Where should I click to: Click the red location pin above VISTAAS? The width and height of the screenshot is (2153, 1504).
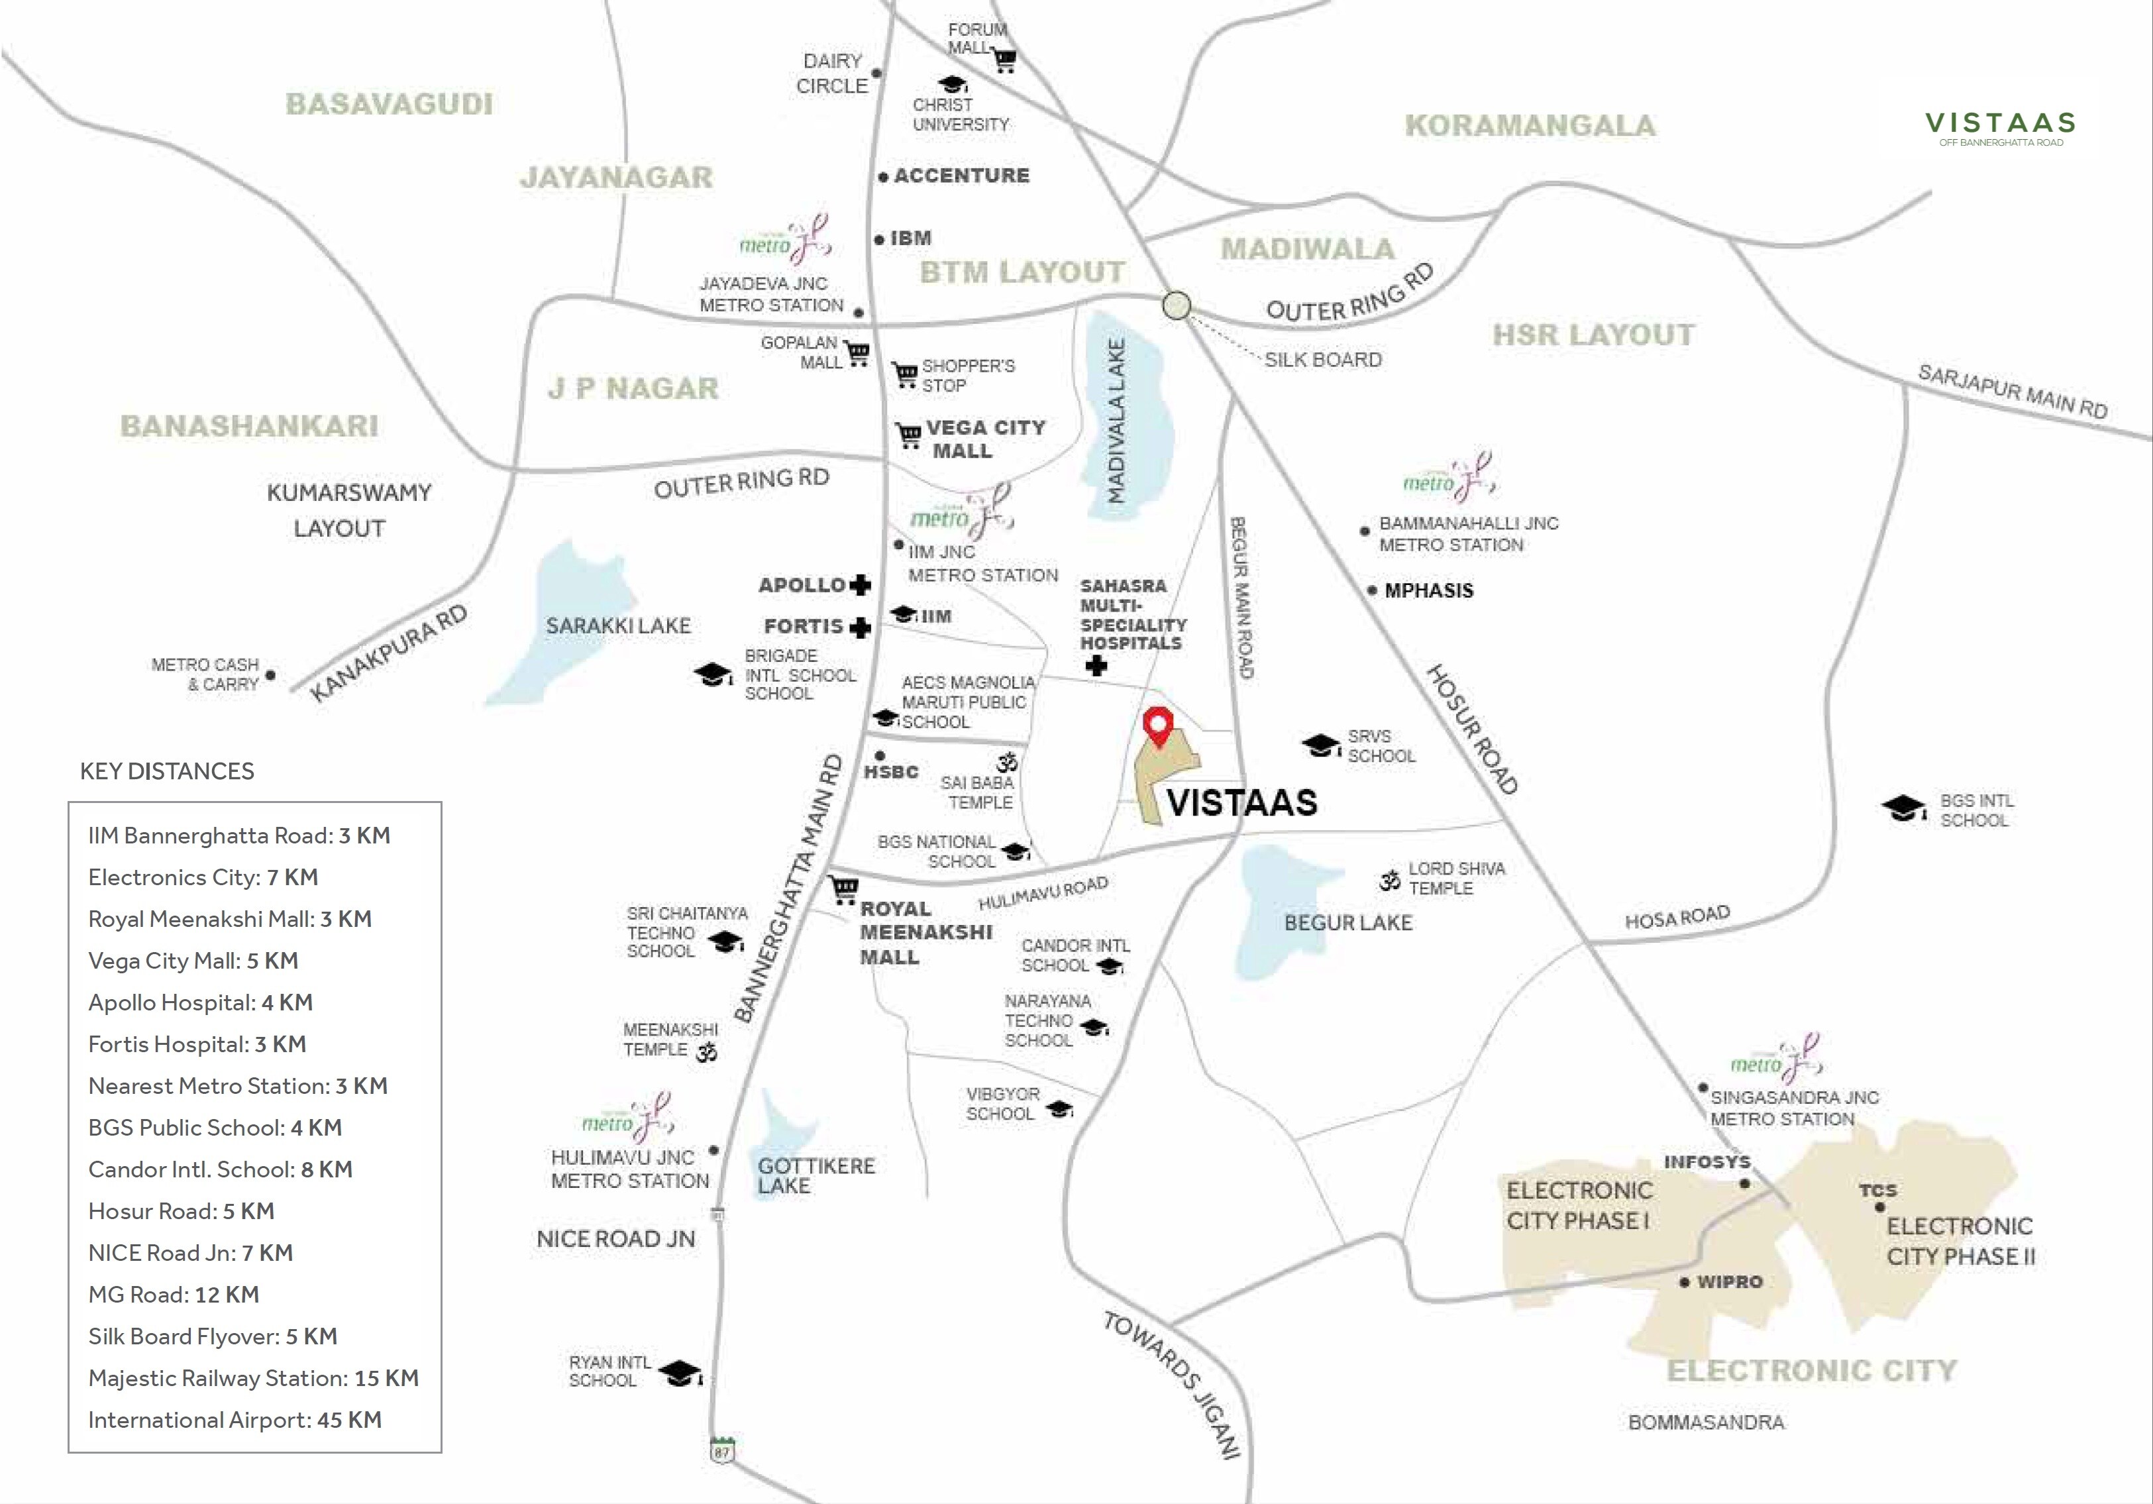[x=1159, y=725]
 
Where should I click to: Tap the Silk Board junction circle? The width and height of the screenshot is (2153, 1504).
[x=1176, y=305]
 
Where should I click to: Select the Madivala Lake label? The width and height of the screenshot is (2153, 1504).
[x=1115, y=422]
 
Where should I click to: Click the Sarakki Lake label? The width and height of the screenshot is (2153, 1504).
[x=618, y=625]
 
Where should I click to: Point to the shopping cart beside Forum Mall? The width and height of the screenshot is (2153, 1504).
[x=1005, y=60]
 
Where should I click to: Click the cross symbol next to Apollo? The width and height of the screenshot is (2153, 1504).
[x=860, y=585]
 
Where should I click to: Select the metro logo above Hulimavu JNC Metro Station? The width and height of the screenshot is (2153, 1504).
[x=627, y=1118]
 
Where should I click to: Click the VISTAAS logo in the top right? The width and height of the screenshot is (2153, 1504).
[x=2000, y=127]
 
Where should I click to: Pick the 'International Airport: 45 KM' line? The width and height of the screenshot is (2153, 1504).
[x=235, y=1420]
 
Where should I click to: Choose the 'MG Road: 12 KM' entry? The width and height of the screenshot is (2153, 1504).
[x=174, y=1295]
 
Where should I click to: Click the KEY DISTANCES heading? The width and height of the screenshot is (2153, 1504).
[x=167, y=771]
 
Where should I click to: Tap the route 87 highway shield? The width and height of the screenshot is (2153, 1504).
[x=721, y=1450]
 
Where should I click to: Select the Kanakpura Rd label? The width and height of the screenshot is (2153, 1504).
[x=388, y=653]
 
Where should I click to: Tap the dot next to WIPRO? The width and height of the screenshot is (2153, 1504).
[x=1685, y=1282]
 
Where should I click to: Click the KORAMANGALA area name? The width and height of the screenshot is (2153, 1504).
[x=1530, y=126]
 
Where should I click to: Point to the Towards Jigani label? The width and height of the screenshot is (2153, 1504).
[x=1171, y=1385]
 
